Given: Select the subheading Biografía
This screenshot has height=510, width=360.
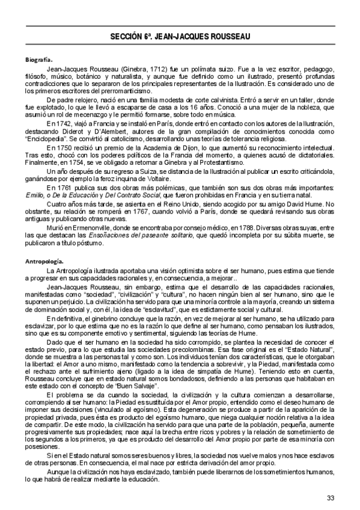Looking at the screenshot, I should tap(37, 61).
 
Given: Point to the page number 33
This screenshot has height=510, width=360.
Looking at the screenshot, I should tap(331, 497).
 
